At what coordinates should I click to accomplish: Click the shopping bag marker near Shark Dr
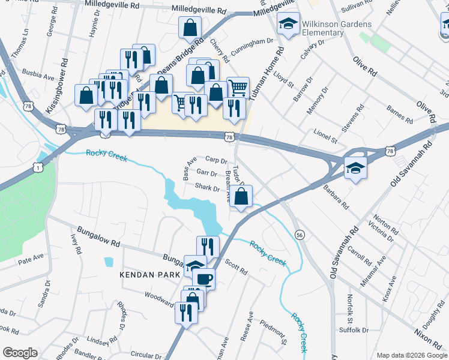click(x=241, y=196)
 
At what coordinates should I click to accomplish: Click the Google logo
click(x=20, y=352)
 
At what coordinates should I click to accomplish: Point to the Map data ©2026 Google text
click(x=411, y=355)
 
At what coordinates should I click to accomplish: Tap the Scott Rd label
click(x=236, y=267)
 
